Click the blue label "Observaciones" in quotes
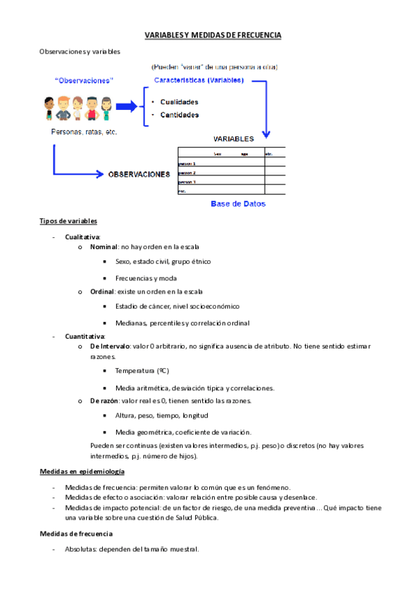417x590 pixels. (84, 80)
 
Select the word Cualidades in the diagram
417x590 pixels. (179, 102)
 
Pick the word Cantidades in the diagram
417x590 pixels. (179, 115)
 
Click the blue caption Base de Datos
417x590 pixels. (238, 205)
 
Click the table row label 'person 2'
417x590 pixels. (188, 173)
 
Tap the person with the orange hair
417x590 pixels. (63, 109)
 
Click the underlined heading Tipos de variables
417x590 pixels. (63, 221)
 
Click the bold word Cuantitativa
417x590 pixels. (84, 336)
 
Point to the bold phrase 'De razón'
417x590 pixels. (104, 401)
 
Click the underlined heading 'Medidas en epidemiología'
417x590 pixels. (82, 472)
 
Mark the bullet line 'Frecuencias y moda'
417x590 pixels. (146, 278)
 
